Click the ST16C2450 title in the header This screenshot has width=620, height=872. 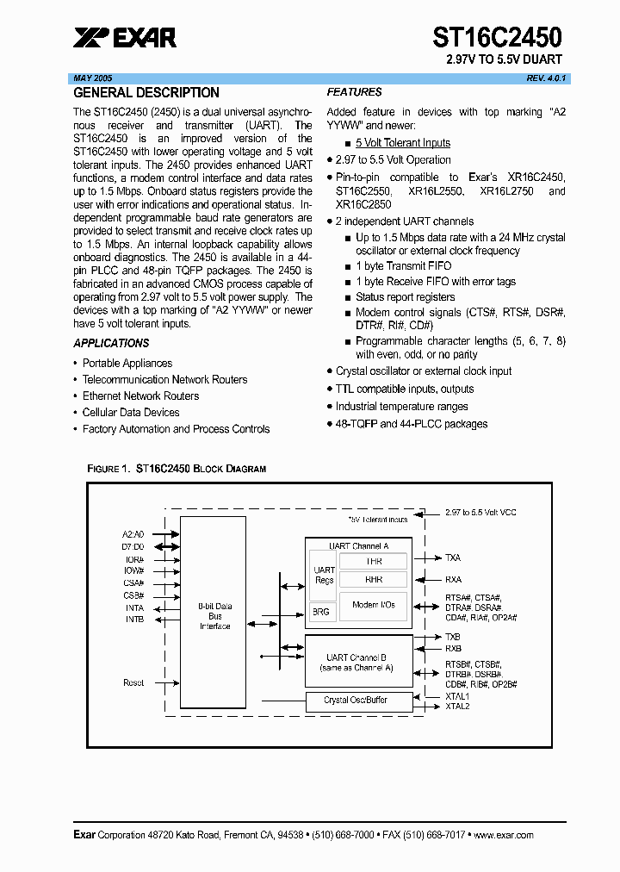tap(497, 36)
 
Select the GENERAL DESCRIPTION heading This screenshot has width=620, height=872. tap(146, 93)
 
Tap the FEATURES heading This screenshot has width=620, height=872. tap(354, 92)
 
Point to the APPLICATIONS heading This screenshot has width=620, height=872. tap(111, 343)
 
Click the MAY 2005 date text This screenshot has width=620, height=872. tap(93, 78)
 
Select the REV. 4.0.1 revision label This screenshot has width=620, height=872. tap(547, 78)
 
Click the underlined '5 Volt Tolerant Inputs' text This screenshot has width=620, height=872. tap(403, 143)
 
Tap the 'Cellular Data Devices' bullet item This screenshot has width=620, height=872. tap(131, 413)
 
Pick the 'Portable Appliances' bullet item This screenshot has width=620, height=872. tap(127, 364)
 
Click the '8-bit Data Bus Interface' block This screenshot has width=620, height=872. tap(214, 616)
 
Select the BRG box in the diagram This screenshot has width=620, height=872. tap(320, 611)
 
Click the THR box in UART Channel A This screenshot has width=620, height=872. tap(374, 561)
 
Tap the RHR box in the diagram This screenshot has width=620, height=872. tap(374, 580)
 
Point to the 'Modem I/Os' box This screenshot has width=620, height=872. tap(374, 605)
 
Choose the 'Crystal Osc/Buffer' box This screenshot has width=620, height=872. tap(356, 701)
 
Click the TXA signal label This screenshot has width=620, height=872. tap(453, 558)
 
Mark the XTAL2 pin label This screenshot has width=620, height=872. tap(457, 707)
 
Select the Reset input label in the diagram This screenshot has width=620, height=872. tap(133, 682)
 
